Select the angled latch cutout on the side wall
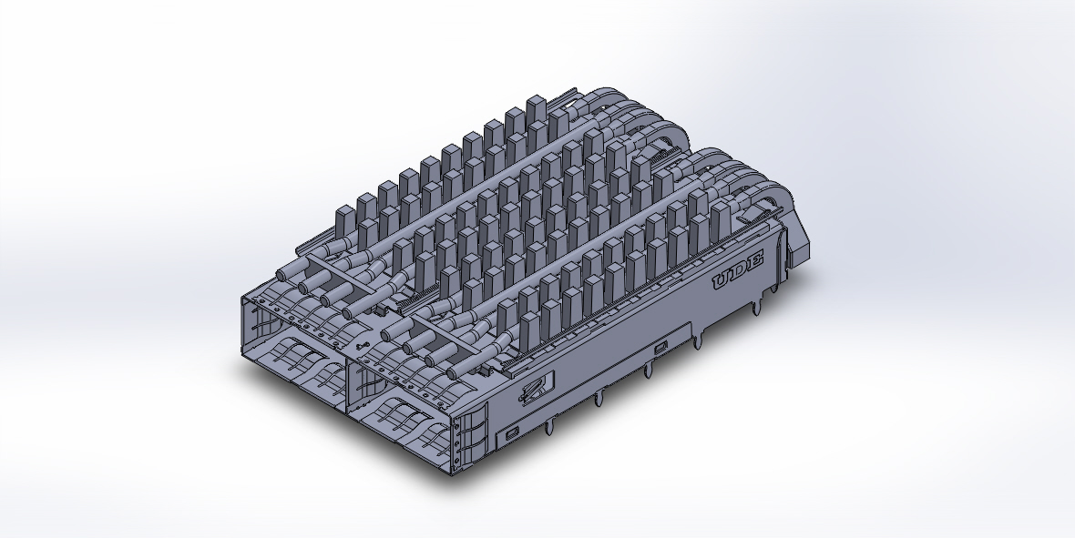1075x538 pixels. (x=533, y=389)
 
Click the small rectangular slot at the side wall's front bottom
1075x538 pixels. (x=512, y=431)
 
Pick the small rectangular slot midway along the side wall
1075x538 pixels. (x=660, y=347)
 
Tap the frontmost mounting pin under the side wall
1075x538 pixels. (x=552, y=427)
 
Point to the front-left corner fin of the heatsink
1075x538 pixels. (x=345, y=222)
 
